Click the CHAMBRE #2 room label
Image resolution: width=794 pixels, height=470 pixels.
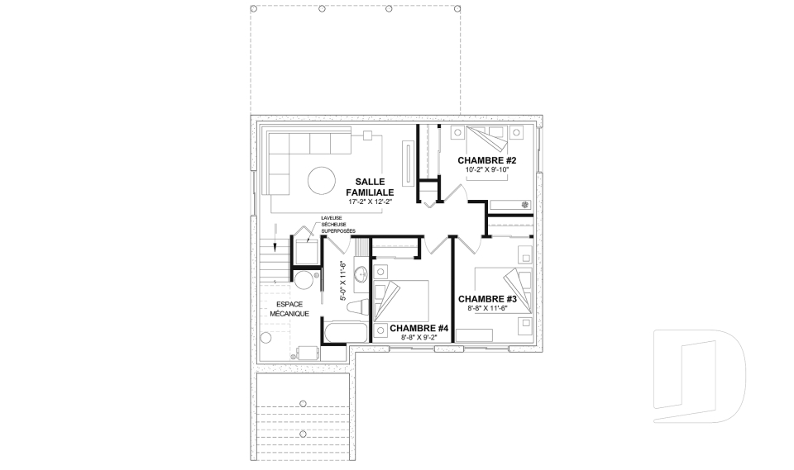click(x=486, y=160)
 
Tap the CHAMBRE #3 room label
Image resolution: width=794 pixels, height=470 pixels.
click(x=487, y=299)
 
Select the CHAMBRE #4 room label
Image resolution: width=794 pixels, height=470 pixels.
click(x=419, y=329)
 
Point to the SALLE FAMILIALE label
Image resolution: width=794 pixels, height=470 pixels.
click(x=370, y=188)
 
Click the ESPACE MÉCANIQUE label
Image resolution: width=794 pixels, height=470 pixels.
click(x=289, y=309)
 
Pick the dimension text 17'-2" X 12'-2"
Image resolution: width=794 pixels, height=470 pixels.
click(x=371, y=202)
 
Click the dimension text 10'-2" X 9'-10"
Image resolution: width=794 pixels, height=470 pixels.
click(x=486, y=170)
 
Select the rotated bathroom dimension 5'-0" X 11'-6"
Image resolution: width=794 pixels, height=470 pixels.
click(x=342, y=282)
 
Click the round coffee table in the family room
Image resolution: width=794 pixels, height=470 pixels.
click(x=322, y=181)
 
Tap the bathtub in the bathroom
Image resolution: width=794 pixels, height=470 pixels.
click(x=346, y=333)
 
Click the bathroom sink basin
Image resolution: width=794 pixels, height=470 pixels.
click(x=361, y=275)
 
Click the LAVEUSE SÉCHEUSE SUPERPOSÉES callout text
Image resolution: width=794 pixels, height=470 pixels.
click(x=337, y=225)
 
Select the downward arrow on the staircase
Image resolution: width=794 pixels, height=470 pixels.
click(x=275, y=238)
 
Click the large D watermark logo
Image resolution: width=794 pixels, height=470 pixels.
click(x=700, y=376)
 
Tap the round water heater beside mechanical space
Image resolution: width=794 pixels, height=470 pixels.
click(x=305, y=280)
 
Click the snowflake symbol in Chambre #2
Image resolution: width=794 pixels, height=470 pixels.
click(x=525, y=205)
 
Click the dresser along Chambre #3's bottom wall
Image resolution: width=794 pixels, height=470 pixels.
click(x=475, y=335)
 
